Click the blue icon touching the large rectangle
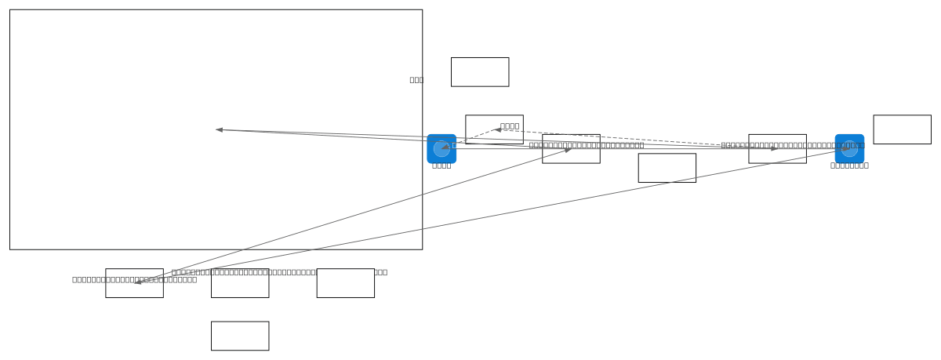coord(441,148)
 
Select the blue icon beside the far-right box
coord(849,148)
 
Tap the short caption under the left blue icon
coord(441,165)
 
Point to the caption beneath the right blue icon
coord(849,165)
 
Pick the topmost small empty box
coord(480,71)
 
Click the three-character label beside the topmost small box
coord(416,79)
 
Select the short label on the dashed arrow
coord(510,125)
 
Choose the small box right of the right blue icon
coord(902,129)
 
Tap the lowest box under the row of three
coord(240,336)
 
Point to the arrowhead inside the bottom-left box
coord(138,282)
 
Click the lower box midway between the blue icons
coord(667,168)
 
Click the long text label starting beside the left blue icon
coord(587,145)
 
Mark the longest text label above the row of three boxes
coord(279,272)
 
